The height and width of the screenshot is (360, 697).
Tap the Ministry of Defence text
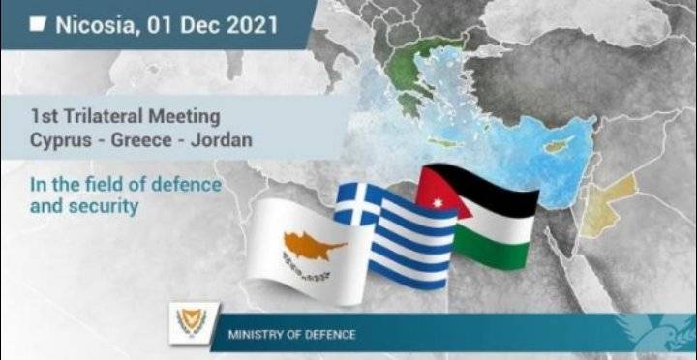click(x=290, y=335)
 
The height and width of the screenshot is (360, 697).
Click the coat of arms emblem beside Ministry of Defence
click(x=184, y=319)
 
